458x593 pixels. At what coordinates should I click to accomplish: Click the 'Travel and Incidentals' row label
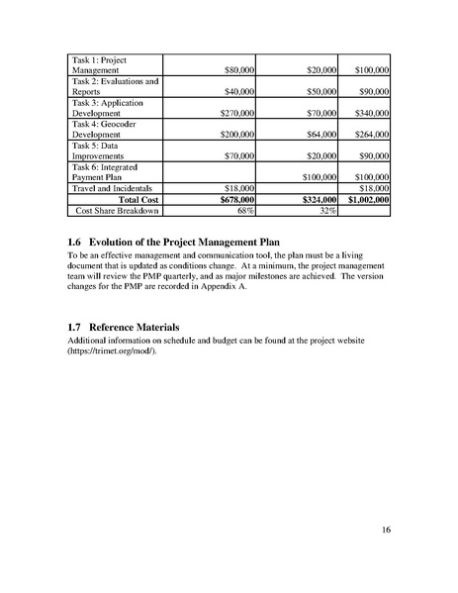point(111,187)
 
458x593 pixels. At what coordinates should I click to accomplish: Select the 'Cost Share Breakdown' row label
point(118,210)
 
